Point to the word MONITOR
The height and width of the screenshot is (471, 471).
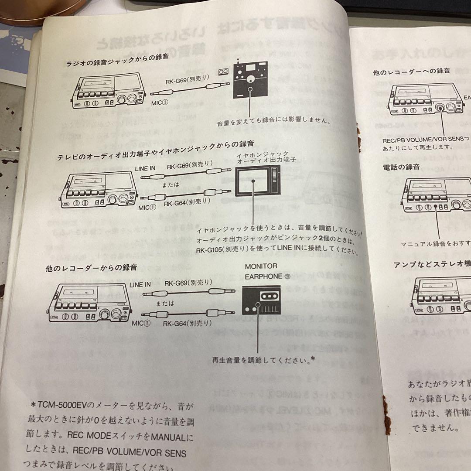click(261, 266)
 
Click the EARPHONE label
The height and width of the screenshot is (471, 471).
click(264, 276)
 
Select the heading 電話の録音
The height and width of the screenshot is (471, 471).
click(401, 167)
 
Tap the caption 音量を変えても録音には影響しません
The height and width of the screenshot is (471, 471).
click(273, 123)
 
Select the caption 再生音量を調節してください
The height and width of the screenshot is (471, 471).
click(262, 360)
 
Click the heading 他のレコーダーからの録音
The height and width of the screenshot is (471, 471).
click(91, 268)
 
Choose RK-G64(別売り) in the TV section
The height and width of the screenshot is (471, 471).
click(187, 202)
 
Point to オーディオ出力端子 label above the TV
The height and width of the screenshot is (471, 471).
click(266, 160)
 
